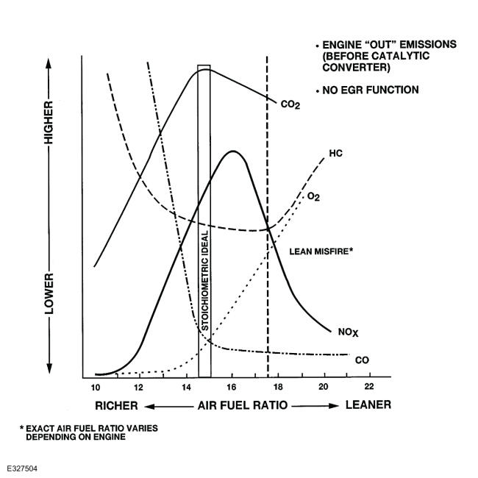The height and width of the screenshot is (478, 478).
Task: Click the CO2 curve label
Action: pyautogui.click(x=290, y=104)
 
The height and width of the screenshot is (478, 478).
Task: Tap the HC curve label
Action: pyautogui.click(x=335, y=153)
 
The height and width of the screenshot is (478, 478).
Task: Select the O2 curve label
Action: pyautogui.click(x=313, y=196)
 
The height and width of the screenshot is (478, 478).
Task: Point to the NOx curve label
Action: pyautogui.click(x=348, y=332)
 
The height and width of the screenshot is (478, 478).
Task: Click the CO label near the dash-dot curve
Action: pyautogui.click(x=362, y=360)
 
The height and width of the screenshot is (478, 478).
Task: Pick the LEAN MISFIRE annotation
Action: pyautogui.click(x=321, y=252)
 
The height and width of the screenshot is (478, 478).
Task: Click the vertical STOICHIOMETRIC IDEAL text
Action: pyautogui.click(x=205, y=280)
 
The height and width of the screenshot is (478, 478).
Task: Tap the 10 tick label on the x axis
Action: pyautogui.click(x=96, y=387)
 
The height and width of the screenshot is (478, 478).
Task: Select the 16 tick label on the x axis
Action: pyautogui.click(x=232, y=387)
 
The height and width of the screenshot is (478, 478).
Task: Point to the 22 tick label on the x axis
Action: pyautogui.click(x=369, y=386)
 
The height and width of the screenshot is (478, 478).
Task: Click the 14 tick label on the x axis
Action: pyautogui.click(x=186, y=387)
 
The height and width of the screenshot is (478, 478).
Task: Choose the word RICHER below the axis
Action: pyautogui.click(x=116, y=406)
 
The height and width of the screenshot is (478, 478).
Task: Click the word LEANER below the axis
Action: pyautogui.click(x=368, y=404)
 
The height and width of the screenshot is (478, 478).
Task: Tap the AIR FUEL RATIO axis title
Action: pyautogui.click(x=243, y=405)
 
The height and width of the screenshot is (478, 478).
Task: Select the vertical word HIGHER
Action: pyautogui.click(x=49, y=123)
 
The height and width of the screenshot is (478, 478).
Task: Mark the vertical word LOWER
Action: pyautogui.click(x=49, y=293)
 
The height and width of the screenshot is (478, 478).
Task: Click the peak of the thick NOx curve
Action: pyautogui.click(x=233, y=151)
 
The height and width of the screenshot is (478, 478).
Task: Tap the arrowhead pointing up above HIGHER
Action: pyautogui.click(x=49, y=63)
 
